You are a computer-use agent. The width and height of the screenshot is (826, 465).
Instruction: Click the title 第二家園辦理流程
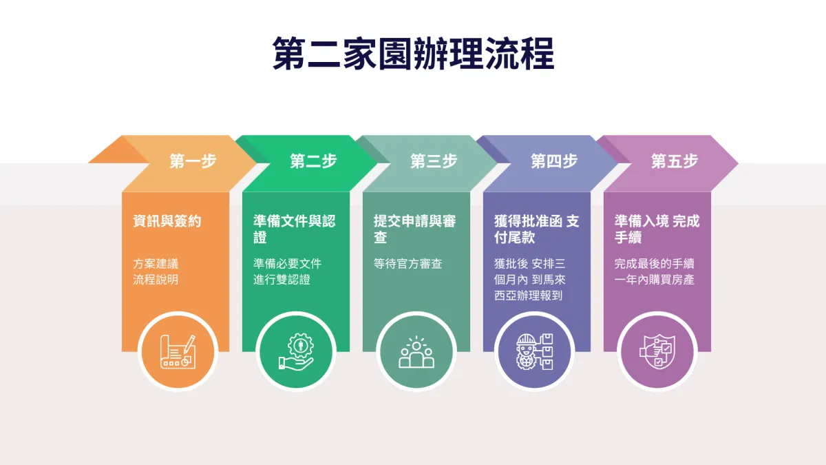coord(413,54)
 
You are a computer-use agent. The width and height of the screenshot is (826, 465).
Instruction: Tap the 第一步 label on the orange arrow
coord(193,162)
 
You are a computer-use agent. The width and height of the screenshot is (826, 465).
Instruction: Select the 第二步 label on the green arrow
coord(313,162)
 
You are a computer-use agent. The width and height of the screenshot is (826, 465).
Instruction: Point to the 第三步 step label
coord(434,162)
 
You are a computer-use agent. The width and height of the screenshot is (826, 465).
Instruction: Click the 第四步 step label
coord(554,162)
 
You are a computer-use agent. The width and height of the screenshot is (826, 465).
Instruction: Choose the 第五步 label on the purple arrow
coord(675,162)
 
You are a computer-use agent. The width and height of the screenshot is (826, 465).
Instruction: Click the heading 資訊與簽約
coord(167,222)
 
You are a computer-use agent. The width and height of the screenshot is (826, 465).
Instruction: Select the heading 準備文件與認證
coord(294,229)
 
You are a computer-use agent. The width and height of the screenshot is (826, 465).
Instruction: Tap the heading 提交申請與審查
coord(414,229)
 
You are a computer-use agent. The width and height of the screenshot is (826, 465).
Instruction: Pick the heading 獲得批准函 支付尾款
coord(536,229)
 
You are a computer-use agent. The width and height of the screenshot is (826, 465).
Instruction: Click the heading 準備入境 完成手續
coord(657,229)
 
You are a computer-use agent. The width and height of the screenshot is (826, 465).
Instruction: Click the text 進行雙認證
coord(282,280)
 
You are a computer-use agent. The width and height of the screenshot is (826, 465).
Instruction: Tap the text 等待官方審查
coord(407,264)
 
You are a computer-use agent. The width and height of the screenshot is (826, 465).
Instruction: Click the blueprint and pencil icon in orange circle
coord(178,351)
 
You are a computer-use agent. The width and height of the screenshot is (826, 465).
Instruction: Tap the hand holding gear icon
coord(296,351)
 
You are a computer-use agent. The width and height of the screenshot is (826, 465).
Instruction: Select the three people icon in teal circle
coord(416,351)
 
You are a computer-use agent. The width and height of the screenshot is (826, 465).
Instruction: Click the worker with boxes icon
coord(536,351)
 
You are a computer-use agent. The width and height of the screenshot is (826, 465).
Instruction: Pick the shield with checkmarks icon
coord(655,351)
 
